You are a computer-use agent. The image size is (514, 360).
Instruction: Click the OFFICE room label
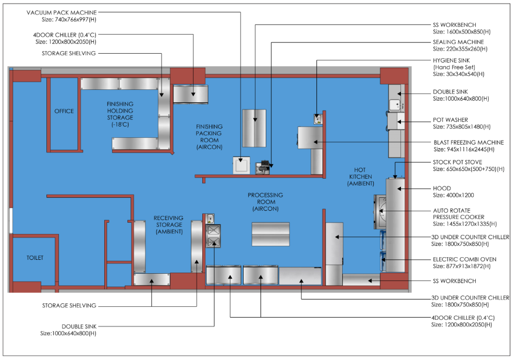click(x=64, y=111)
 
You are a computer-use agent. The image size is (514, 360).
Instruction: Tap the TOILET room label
click(x=35, y=258)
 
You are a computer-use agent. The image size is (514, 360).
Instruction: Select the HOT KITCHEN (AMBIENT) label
click(x=360, y=177)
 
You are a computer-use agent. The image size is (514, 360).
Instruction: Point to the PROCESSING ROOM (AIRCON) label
click(x=266, y=202)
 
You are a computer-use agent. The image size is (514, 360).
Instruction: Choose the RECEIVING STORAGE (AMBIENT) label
click(x=169, y=225)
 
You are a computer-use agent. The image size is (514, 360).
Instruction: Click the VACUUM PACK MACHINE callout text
click(x=61, y=12)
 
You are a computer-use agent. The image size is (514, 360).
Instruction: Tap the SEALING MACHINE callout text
click(x=458, y=42)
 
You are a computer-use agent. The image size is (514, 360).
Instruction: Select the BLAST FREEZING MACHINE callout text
click(x=469, y=143)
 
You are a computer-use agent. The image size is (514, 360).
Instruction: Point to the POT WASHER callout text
click(x=451, y=120)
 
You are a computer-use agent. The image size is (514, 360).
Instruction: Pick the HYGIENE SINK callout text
click(x=451, y=60)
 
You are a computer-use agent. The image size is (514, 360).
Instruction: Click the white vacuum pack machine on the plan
click(x=242, y=165)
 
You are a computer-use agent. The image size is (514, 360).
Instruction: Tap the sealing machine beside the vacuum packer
click(x=262, y=167)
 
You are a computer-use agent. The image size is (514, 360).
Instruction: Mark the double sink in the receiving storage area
click(x=214, y=236)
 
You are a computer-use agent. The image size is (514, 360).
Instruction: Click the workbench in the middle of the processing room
click(x=270, y=234)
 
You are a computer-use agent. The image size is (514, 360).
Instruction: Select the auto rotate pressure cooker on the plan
click(x=380, y=212)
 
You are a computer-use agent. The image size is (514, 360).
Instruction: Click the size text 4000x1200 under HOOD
click(x=453, y=195)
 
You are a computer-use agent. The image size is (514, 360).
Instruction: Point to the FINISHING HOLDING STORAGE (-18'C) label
click(x=120, y=114)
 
